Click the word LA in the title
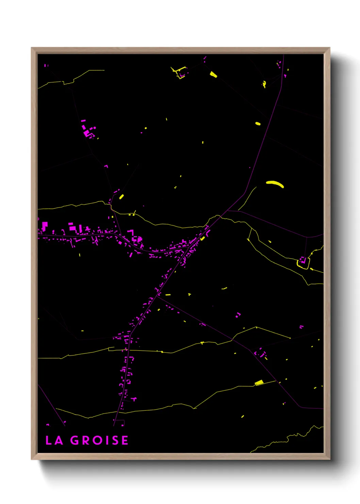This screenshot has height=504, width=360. pyautogui.click(x=54, y=440)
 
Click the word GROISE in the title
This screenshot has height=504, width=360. pyautogui.click(x=99, y=440)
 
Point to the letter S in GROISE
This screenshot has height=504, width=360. pyautogui.click(x=115, y=440)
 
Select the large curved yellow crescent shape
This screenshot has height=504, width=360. pyautogui.click(x=275, y=184)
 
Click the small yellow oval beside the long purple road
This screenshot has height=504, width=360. pyautogui.click(x=258, y=124)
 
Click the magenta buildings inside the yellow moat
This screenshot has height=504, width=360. pyautogui.click(x=302, y=260)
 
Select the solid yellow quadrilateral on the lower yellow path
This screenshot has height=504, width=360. pyautogui.click(x=259, y=383)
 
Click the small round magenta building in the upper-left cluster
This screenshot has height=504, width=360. pyautogui.click(x=95, y=128)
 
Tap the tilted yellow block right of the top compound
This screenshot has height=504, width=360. pyautogui.click(x=213, y=74)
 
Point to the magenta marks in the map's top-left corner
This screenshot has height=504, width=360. pyautogui.click(x=46, y=65)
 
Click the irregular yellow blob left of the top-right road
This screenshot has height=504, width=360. pyautogui.click(x=264, y=84)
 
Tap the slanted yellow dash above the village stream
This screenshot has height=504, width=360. pyautogui.click(x=121, y=196)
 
